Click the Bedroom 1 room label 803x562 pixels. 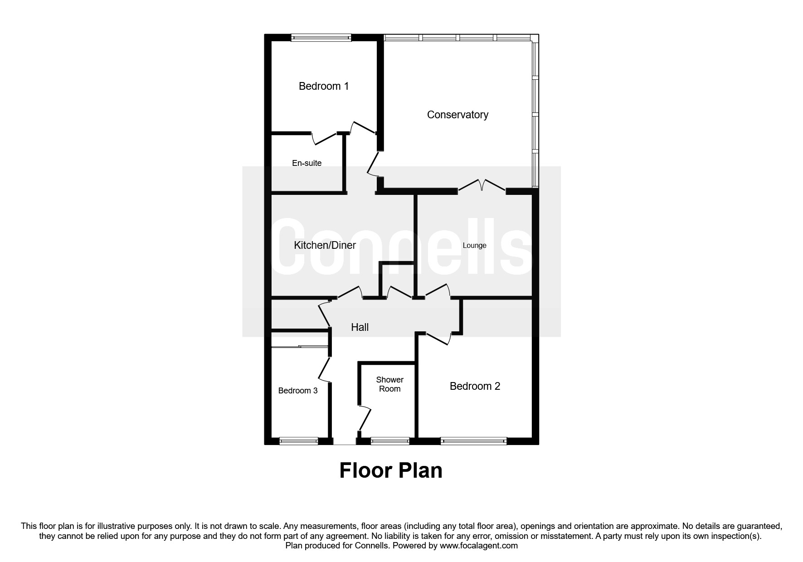[x=324, y=86]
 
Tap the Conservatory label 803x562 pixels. [x=457, y=115]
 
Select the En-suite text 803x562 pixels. [x=307, y=163]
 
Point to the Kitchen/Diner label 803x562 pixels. [x=325, y=245]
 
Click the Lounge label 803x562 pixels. [x=474, y=246]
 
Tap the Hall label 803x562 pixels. [x=360, y=327]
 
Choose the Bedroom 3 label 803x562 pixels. [x=298, y=391]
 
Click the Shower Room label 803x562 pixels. [x=390, y=384]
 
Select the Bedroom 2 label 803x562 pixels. [x=475, y=386]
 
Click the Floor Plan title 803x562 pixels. [x=391, y=470]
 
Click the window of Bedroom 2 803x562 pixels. [x=473, y=441]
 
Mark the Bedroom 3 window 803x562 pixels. [x=299, y=441]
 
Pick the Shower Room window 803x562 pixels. [x=390, y=441]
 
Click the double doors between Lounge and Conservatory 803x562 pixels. [x=482, y=186]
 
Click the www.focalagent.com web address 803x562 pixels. [x=479, y=546]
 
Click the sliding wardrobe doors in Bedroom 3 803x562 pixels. [x=300, y=347]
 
